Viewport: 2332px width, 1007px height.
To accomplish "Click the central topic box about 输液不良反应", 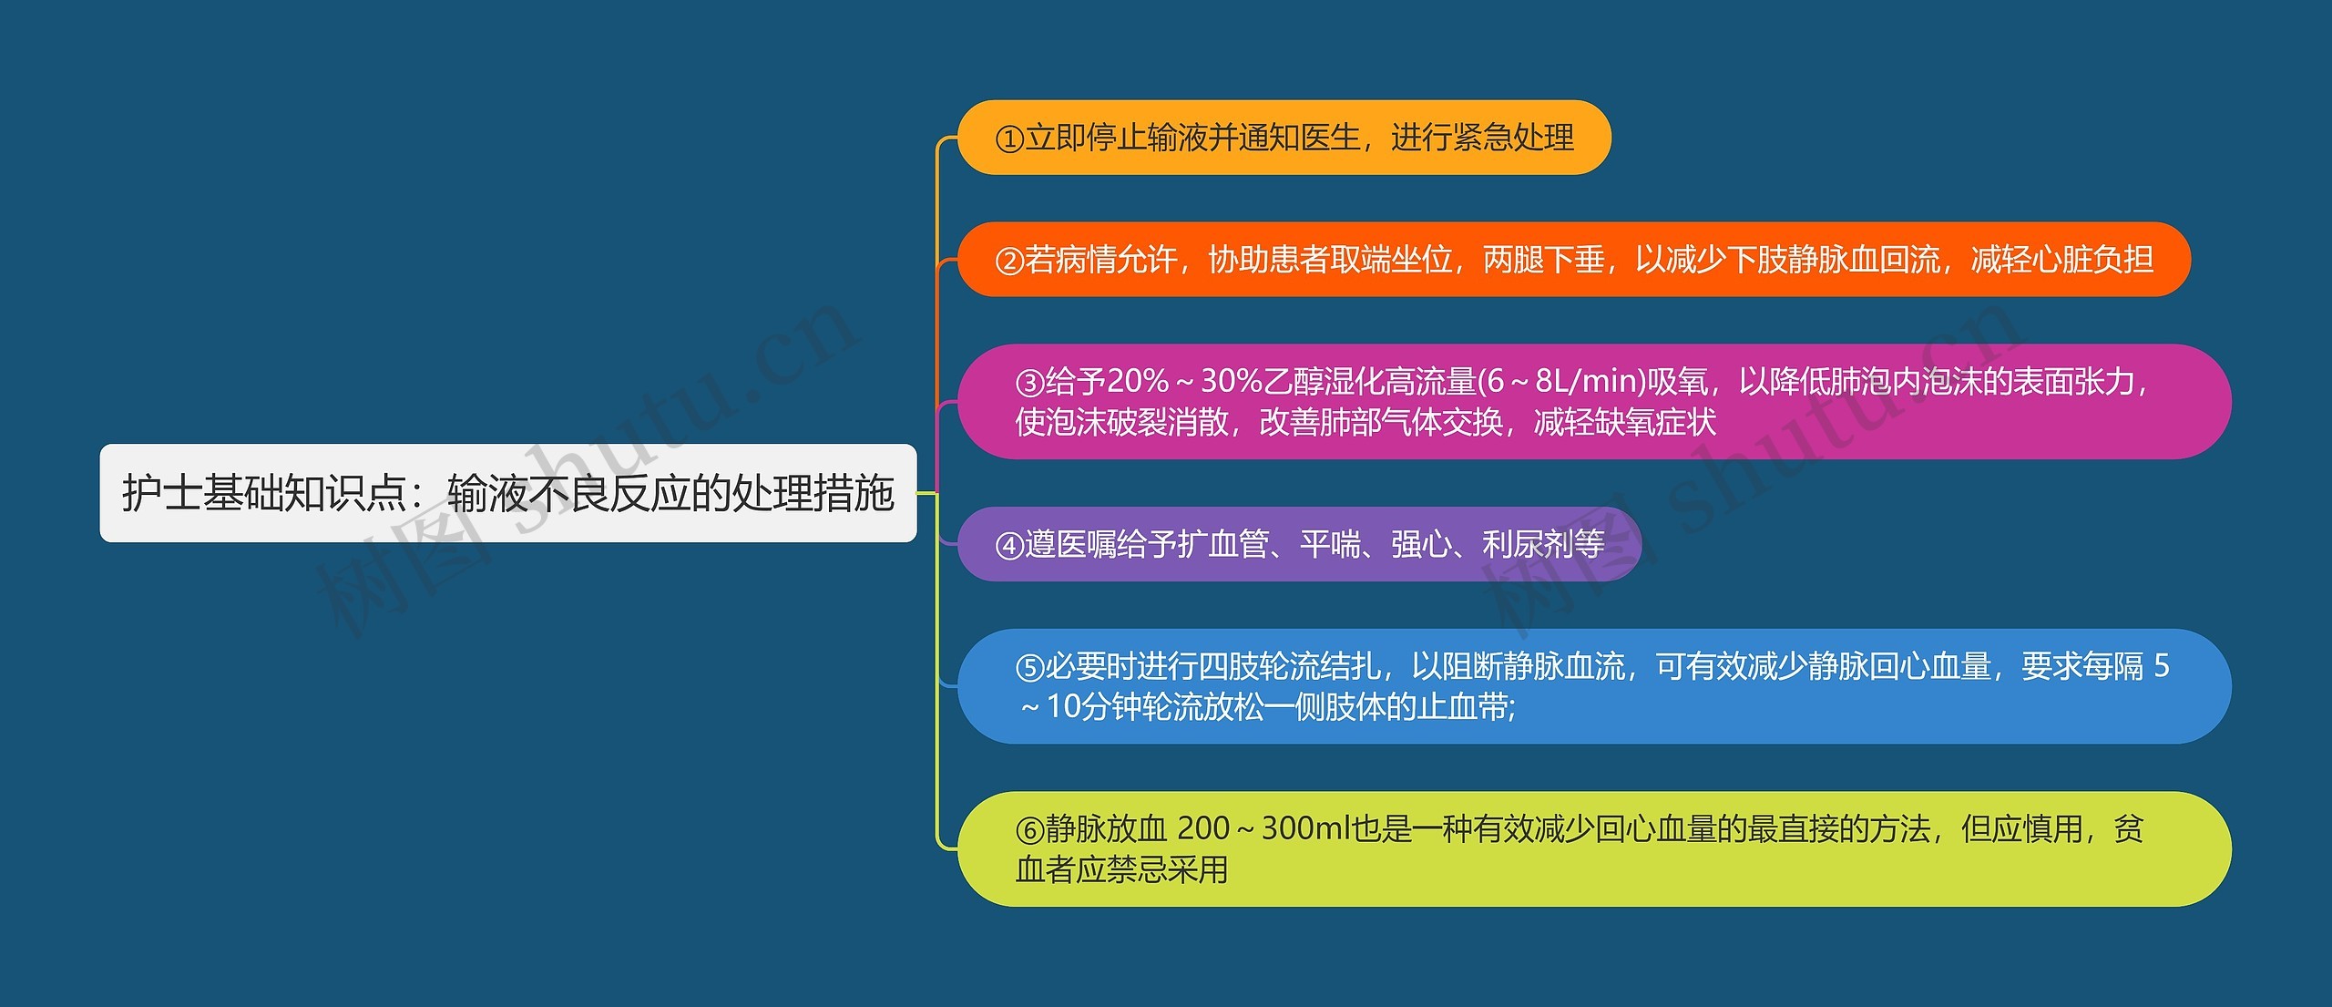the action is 508,493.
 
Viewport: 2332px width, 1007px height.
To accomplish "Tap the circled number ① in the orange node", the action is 1009,139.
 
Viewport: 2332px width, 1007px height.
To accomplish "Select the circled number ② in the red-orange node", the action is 1009,261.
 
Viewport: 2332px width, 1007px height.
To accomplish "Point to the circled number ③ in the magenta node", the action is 1029,383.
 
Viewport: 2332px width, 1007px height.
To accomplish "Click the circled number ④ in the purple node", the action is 1009,545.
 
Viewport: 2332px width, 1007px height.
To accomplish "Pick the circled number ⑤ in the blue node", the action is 1029,668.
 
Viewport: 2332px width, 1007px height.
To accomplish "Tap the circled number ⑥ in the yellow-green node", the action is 1029,830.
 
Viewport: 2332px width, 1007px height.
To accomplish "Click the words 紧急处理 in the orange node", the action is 1513,138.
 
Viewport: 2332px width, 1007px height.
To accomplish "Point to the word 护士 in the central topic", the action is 162,493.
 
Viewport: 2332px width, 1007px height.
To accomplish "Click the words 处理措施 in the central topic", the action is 813,493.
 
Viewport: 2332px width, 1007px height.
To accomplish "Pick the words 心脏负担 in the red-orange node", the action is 2093,260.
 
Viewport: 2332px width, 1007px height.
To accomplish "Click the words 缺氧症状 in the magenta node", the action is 1655,422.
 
